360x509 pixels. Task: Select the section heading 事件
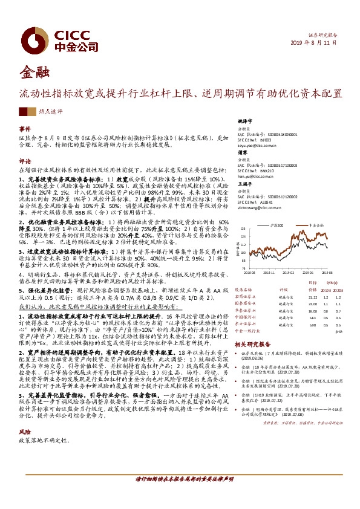24,129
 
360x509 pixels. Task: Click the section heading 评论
24,161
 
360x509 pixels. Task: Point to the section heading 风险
24,449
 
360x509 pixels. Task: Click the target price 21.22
313,296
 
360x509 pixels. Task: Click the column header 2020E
338,290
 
